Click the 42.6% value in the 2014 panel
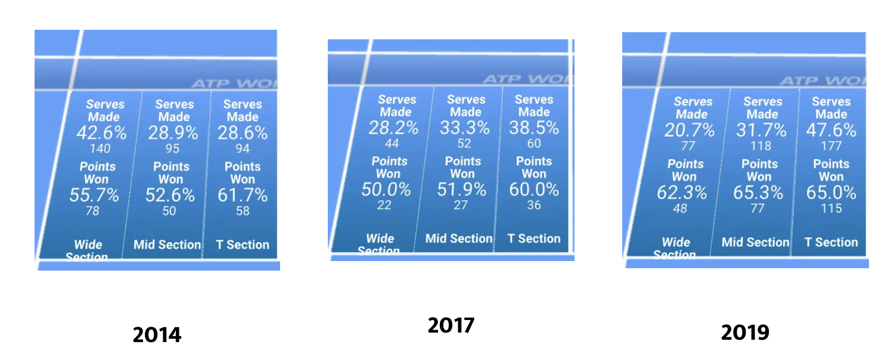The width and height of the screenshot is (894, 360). tap(101, 133)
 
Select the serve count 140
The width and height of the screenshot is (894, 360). tap(101, 149)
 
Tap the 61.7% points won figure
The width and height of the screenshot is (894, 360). tap(242, 195)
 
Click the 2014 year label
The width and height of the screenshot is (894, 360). tap(157, 334)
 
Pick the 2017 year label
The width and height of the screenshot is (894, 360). tap(451, 325)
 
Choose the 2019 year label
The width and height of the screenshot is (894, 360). tap(745, 332)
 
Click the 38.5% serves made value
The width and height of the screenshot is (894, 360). tap(534, 128)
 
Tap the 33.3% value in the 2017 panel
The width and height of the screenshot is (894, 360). tap(465, 128)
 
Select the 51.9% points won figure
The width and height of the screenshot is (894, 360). tap(462, 190)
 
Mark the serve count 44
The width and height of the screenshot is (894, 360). tap(392, 144)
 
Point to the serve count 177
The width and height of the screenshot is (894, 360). tap(831, 146)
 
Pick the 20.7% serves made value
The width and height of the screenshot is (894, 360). tap(690, 131)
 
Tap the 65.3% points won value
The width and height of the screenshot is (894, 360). tap(758, 193)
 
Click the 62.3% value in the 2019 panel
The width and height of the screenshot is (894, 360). tap(682, 193)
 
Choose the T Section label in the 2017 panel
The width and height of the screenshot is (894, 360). tap(533, 238)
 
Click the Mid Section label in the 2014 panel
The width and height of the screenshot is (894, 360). tap(167, 244)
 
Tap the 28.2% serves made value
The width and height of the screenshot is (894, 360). tap(393, 128)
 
